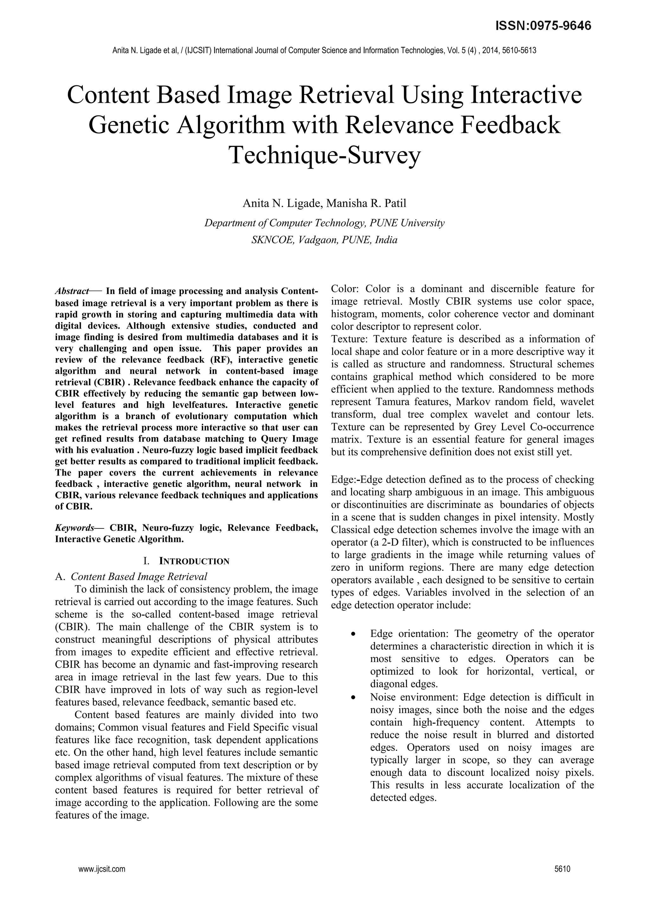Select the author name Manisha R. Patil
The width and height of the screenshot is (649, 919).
[x=366, y=203]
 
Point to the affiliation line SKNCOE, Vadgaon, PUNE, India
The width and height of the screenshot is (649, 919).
[x=324, y=240]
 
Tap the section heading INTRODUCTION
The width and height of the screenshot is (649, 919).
[x=194, y=561]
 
